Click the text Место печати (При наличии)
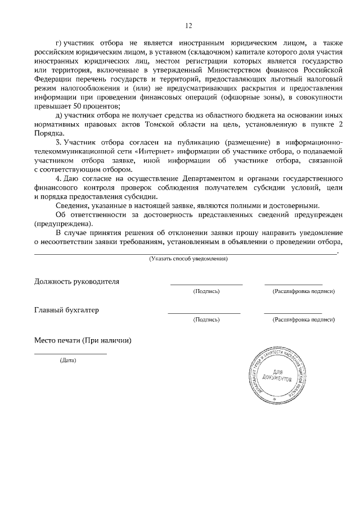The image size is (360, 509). point(83,340)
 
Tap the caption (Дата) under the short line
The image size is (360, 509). point(68,360)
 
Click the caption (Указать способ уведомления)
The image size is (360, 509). point(188,259)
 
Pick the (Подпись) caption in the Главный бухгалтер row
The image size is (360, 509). point(206,319)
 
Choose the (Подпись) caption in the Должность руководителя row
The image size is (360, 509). point(206,291)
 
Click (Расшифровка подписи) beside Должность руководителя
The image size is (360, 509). point(303,291)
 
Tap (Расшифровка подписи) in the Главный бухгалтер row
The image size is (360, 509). point(303,319)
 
